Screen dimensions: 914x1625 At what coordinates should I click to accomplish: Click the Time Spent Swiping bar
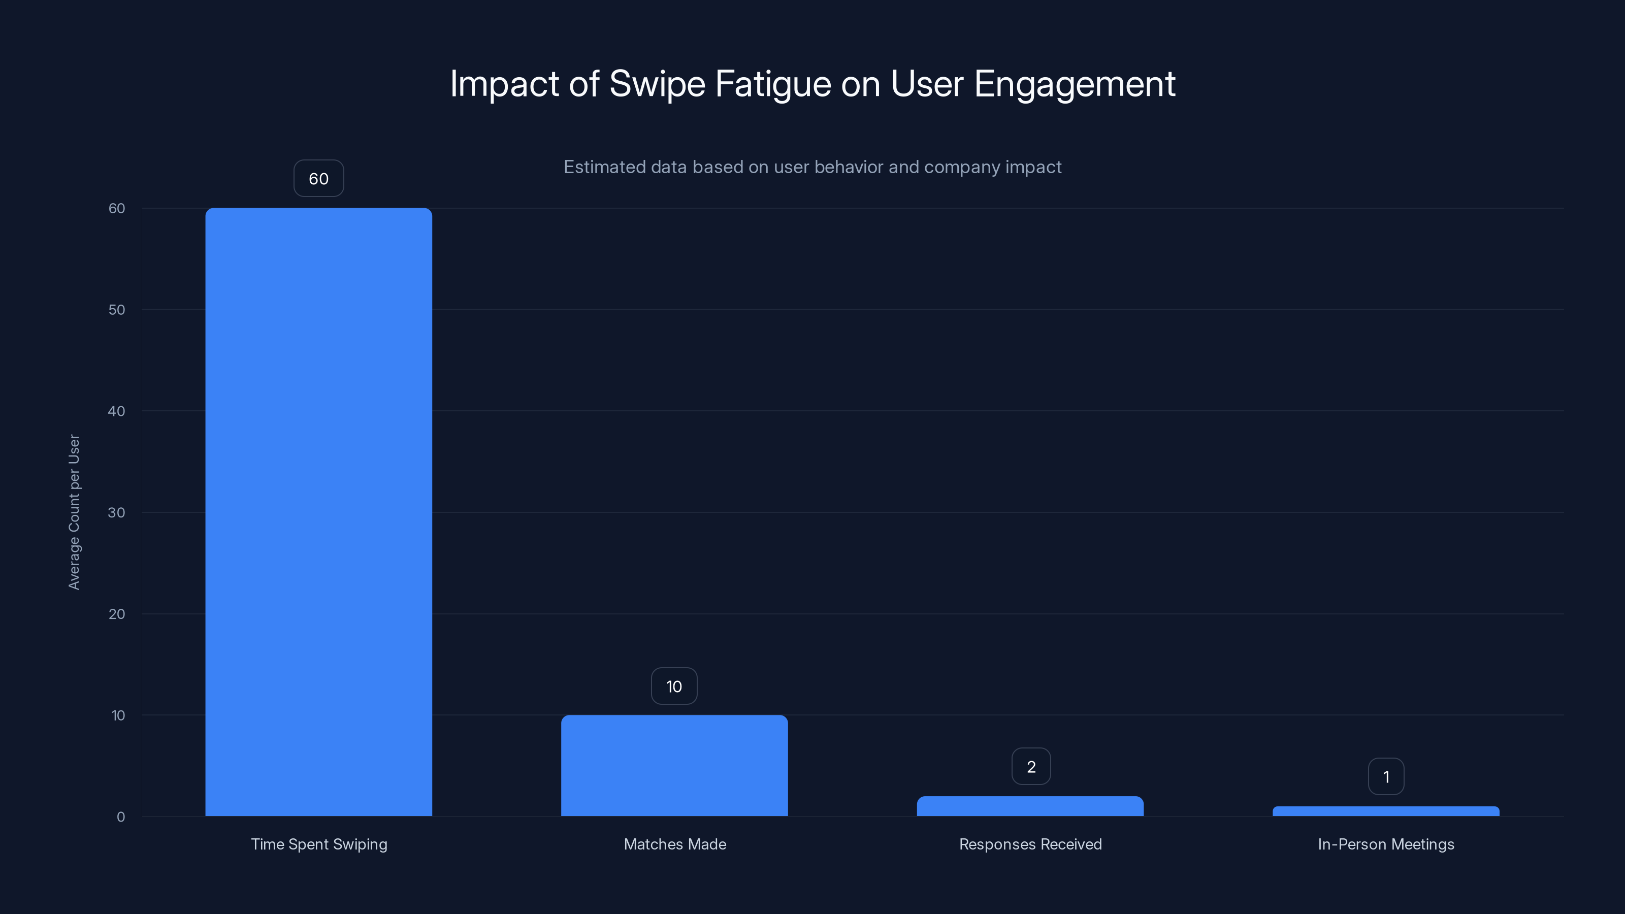[x=318, y=511]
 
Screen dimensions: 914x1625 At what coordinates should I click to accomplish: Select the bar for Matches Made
[x=674, y=765]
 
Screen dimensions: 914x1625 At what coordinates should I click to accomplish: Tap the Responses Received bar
[x=1030, y=806]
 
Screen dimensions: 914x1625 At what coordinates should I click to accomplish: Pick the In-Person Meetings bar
[x=1386, y=811]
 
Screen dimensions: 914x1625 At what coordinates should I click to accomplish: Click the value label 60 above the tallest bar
[x=318, y=179]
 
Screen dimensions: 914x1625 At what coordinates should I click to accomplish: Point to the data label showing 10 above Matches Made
[x=674, y=687]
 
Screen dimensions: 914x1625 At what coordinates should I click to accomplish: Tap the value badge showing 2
[x=1031, y=766]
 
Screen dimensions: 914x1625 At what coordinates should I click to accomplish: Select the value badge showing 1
[x=1386, y=776]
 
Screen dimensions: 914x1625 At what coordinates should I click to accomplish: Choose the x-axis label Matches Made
[x=675, y=844]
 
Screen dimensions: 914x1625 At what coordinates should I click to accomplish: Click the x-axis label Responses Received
[x=1030, y=844]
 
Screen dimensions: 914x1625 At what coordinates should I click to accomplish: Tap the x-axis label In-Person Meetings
[x=1386, y=844]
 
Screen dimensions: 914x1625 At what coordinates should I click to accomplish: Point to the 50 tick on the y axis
[x=117, y=310]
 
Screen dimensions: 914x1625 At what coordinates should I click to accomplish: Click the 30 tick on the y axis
[x=117, y=512]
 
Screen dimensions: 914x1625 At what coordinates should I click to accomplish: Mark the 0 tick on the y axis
[x=120, y=817]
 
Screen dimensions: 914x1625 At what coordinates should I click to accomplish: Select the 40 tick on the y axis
[x=117, y=411]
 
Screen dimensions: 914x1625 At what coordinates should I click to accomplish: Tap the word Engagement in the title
[x=1075, y=84]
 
